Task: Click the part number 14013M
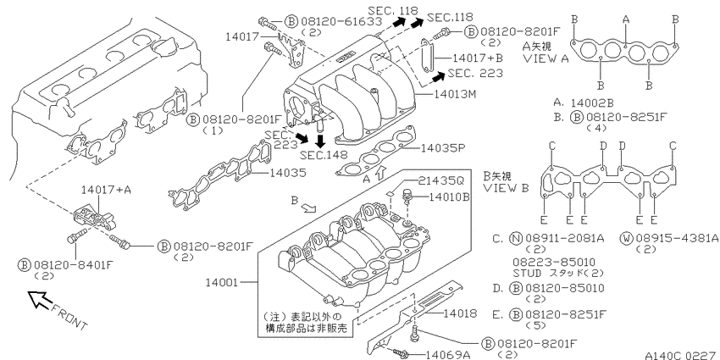point(454,95)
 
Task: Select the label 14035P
point(443,148)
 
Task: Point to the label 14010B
point(449,197)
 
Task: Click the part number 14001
point(222,282)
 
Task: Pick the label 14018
point(460,313)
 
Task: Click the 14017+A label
point(106,189)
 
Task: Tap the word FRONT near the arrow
point(69,317)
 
